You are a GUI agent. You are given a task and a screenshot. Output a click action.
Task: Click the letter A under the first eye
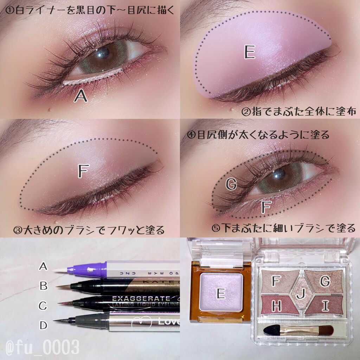[81, 95]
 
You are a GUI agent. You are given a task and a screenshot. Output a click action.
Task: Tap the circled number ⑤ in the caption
[216, 228]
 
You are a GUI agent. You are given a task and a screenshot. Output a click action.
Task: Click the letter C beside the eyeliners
[43, 306]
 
